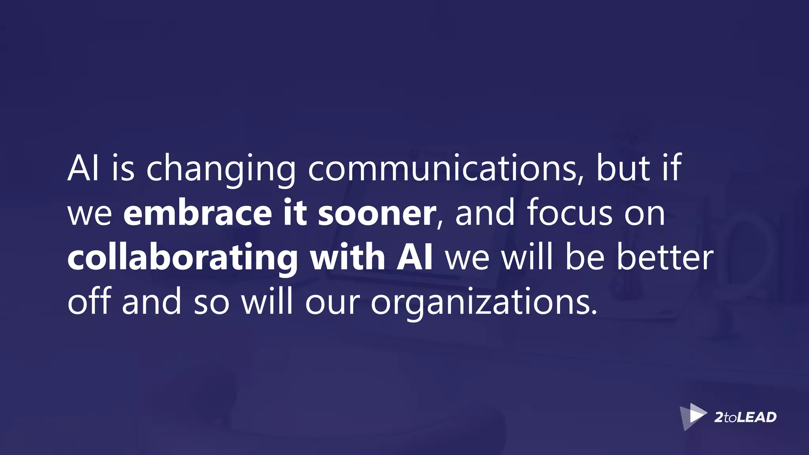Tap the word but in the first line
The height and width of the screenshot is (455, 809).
(623, 169)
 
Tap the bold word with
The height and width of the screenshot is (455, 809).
(348, 258)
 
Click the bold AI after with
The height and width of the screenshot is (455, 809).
(415, 258)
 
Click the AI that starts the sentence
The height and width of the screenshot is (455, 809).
(83, 169)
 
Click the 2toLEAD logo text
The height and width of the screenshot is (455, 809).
(745, 417)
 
